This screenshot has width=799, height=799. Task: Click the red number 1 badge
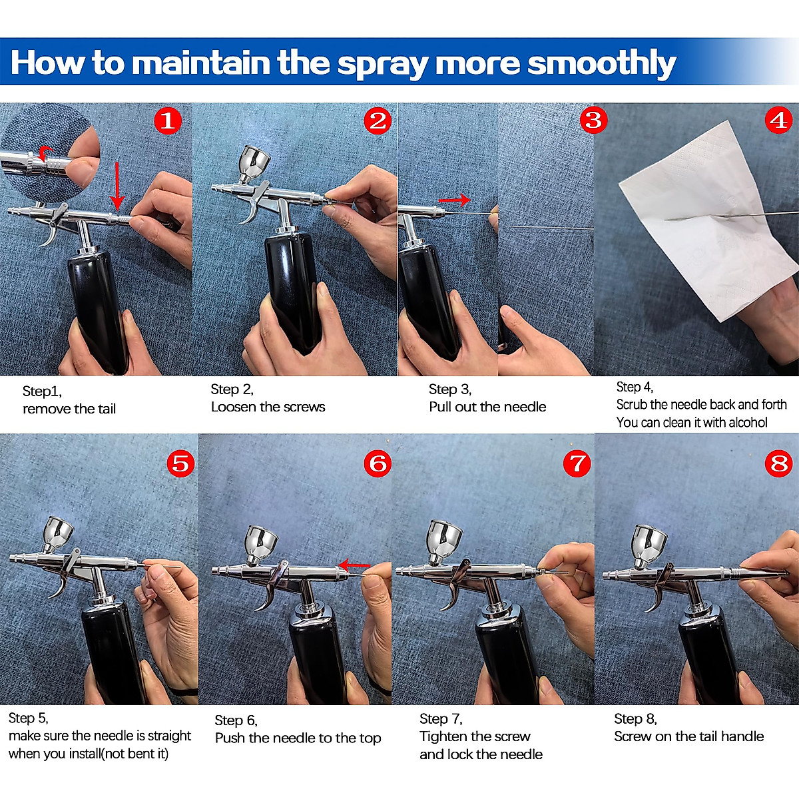(168, 121)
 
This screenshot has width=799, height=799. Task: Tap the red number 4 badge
(778, 121)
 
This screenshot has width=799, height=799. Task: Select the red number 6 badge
(378, 463)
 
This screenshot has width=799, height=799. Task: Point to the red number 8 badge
(778, 463)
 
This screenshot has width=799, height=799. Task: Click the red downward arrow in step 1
(117, 186)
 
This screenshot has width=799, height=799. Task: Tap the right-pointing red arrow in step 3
(455, 200)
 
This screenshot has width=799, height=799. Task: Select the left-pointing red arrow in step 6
(354, 565)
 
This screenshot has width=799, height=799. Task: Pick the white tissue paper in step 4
(708, 222)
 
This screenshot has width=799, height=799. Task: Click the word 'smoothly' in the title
(601, 63)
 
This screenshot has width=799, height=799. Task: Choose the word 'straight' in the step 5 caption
(169, 736)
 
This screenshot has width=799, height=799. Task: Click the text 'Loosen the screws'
(268, 407)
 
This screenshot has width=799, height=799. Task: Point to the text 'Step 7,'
(441, 718)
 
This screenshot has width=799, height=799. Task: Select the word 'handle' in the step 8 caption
(742, 736)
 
